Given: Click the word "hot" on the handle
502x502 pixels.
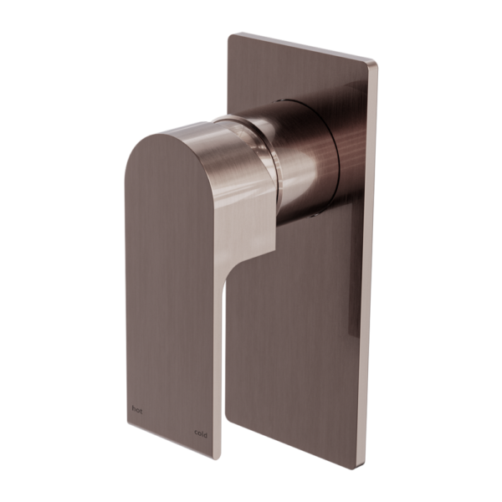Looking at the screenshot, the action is pos(137,409).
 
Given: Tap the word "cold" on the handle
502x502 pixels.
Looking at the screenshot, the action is pos(201,434).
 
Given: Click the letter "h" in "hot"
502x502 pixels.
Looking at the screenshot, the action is pos(134,409).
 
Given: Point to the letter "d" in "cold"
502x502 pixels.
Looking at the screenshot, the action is pos(205,435).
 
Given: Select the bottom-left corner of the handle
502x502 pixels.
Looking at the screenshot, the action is pos(128,423).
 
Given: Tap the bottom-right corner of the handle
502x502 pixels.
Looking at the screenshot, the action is pos(213,459).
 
